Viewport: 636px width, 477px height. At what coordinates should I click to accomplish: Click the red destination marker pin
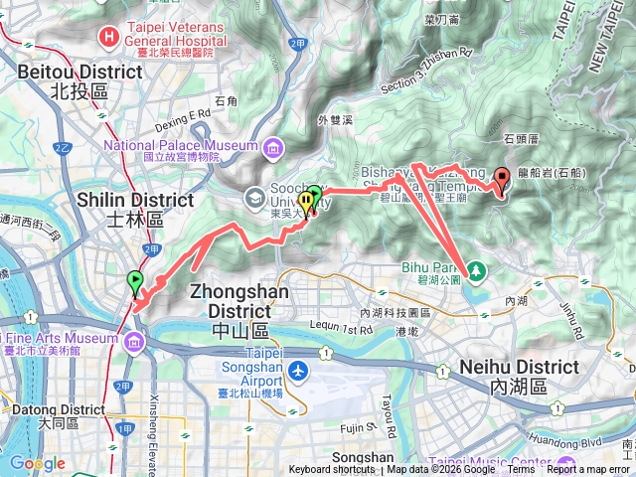click(x=502, y=180)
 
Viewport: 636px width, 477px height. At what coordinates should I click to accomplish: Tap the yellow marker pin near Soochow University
click(x=306, y=203)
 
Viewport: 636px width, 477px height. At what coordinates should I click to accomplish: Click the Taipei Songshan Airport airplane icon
click(x=297, y=370)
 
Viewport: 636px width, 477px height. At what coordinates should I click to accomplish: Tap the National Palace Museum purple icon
click(x=272, y=149)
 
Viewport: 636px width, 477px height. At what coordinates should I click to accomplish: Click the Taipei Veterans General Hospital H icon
click(x=107, y=38)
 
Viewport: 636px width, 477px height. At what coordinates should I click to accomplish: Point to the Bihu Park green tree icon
click(x=475, y=269)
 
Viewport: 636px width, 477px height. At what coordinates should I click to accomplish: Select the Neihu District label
click(x=519, y=368)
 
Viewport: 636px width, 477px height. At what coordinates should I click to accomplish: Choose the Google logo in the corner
click(x=37, y=463)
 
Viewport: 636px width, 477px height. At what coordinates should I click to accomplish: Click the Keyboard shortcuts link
click(x=331, y=470)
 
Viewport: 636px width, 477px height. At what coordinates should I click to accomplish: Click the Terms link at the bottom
click(x=521, y=470)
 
